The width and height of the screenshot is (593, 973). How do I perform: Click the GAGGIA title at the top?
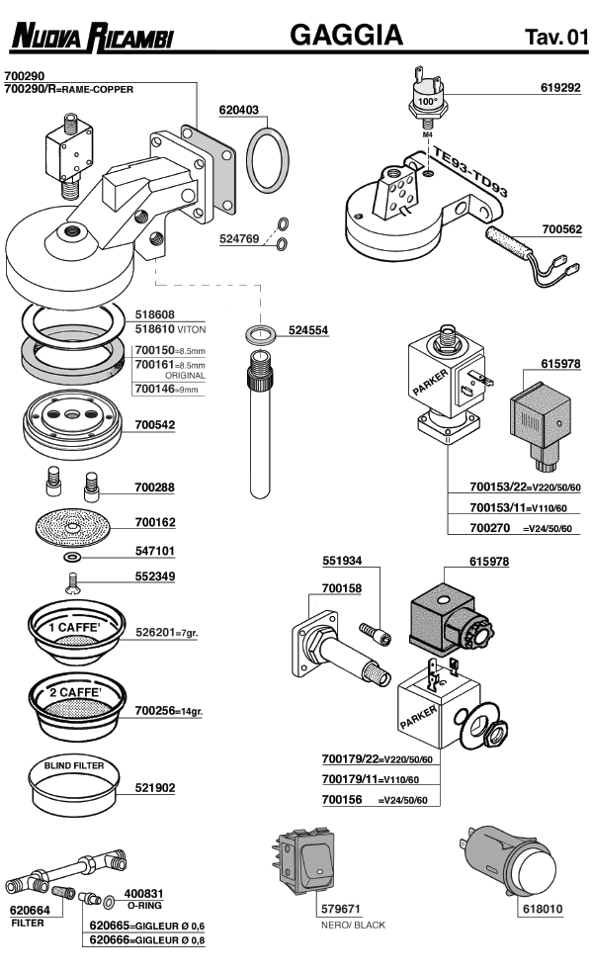(346, 36)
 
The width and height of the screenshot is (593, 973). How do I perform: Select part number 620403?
(239, 111)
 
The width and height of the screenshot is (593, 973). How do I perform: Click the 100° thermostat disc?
(428, 99)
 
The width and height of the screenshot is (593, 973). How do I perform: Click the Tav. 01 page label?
(556, 38)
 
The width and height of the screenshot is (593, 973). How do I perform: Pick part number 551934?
(342, 561)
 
